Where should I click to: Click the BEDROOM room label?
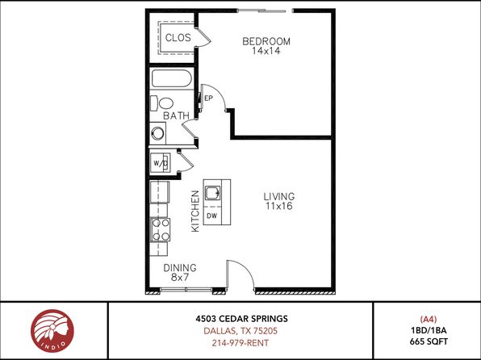tap(266, 41)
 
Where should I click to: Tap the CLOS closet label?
tap(178, 38)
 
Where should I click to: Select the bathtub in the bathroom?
tap(172, 78)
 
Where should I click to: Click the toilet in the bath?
tap(162, 103)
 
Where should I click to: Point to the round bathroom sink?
tap(158, 133)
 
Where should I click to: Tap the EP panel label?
tap(208, 98)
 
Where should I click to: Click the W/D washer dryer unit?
tap(160, 163)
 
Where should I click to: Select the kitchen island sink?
tap(212, 193)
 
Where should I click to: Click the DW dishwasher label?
tap(212, 216)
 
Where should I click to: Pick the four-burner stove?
tap(160, 230)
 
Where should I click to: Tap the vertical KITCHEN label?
tap(195, 211)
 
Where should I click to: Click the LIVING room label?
tap(279, 196)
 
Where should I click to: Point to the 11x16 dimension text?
tap(279, 207)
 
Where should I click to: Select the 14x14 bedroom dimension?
tap(266, 51)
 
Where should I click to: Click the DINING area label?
tap(180, 268)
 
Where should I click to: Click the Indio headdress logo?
tap(52, 331)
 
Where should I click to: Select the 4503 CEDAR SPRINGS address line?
tap(242, 319)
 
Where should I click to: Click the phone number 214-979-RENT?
tap(240, 343)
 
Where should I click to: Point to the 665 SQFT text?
tap(429, 341)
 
